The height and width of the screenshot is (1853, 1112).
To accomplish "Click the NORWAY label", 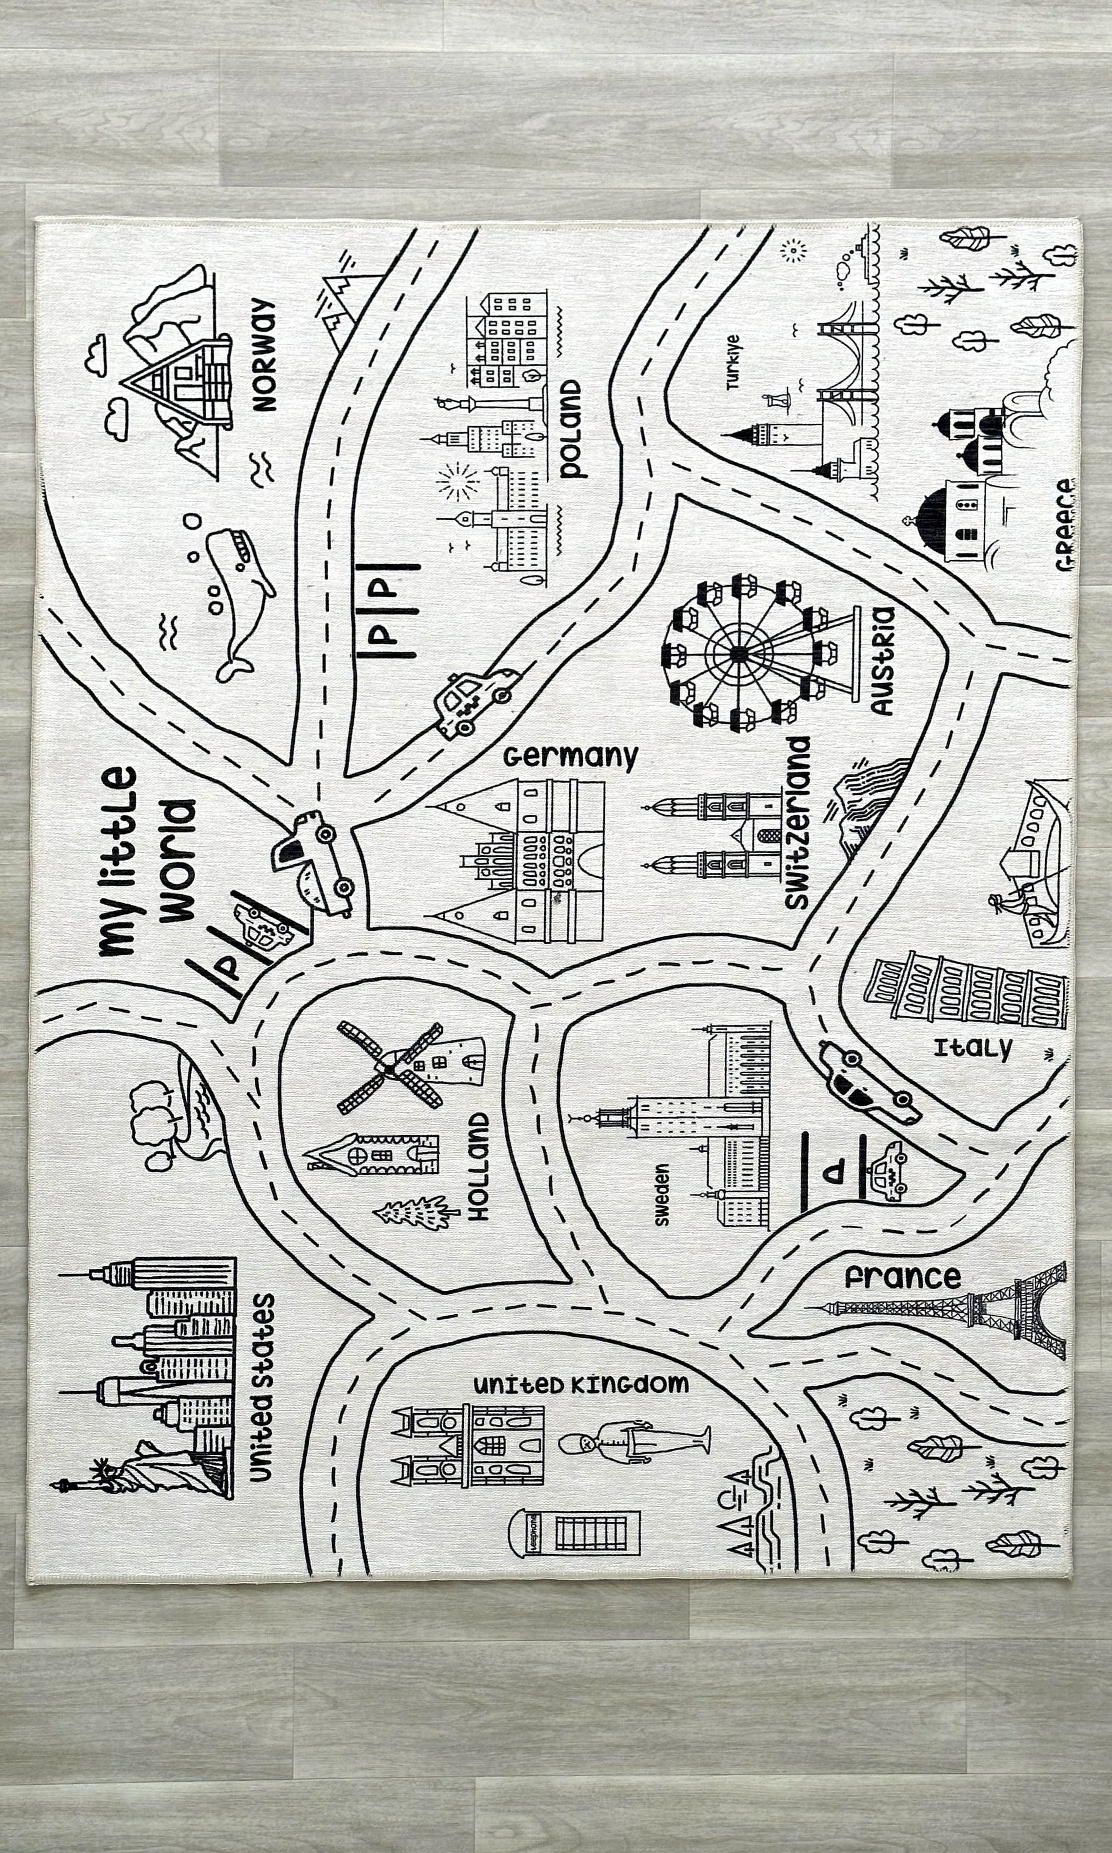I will click(264, 355).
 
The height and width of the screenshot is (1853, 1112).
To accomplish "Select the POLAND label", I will click(571, 429).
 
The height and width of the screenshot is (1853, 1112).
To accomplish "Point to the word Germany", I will click(570, 756).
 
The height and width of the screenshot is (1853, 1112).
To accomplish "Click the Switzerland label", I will click(798, 822).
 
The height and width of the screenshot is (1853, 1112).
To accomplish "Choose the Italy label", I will click(972, 1047).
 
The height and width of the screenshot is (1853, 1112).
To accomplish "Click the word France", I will click(902, 1277).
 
